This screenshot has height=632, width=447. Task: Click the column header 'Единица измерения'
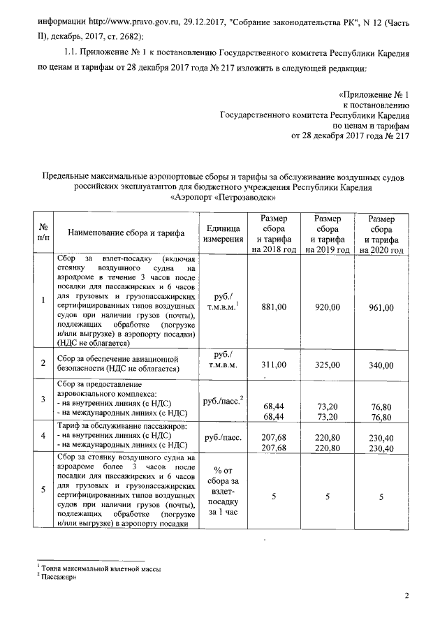(223, 234)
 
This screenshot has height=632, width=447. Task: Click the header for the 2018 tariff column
(274, 234)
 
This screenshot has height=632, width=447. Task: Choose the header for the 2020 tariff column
(381, 234)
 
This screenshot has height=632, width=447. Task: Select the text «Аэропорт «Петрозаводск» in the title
(223, 198)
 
